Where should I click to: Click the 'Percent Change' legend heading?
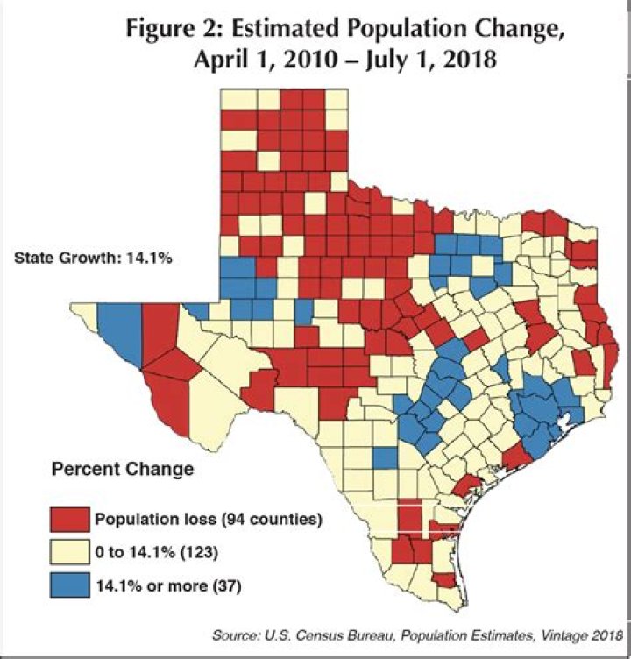coord(122,469)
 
